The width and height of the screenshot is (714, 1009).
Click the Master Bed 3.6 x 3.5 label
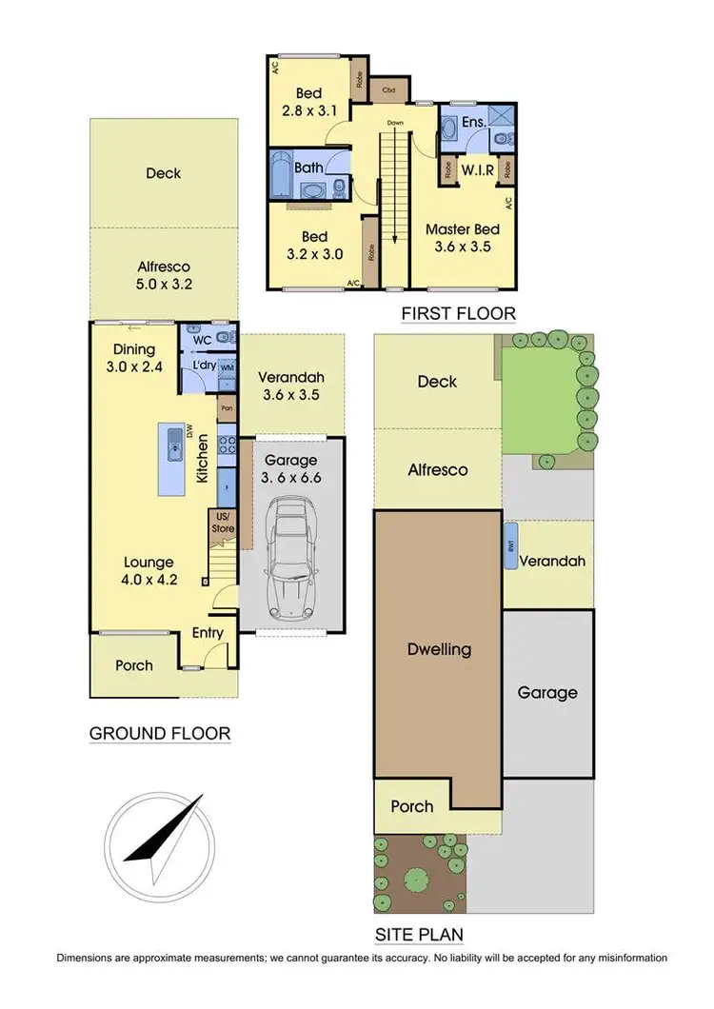point(463,238)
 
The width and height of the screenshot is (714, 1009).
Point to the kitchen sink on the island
point(174,445)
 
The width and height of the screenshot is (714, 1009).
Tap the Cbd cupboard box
point(388,91)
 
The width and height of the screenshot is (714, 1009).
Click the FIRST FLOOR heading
point(458,313)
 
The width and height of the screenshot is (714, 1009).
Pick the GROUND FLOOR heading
point(159,733)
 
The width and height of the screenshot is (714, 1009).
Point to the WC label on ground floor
point(202,338)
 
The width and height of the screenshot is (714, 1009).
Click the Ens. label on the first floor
point(473,123)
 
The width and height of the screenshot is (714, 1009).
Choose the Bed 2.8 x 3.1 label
point(308,102)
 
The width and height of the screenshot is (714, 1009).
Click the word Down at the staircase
point(395,124)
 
